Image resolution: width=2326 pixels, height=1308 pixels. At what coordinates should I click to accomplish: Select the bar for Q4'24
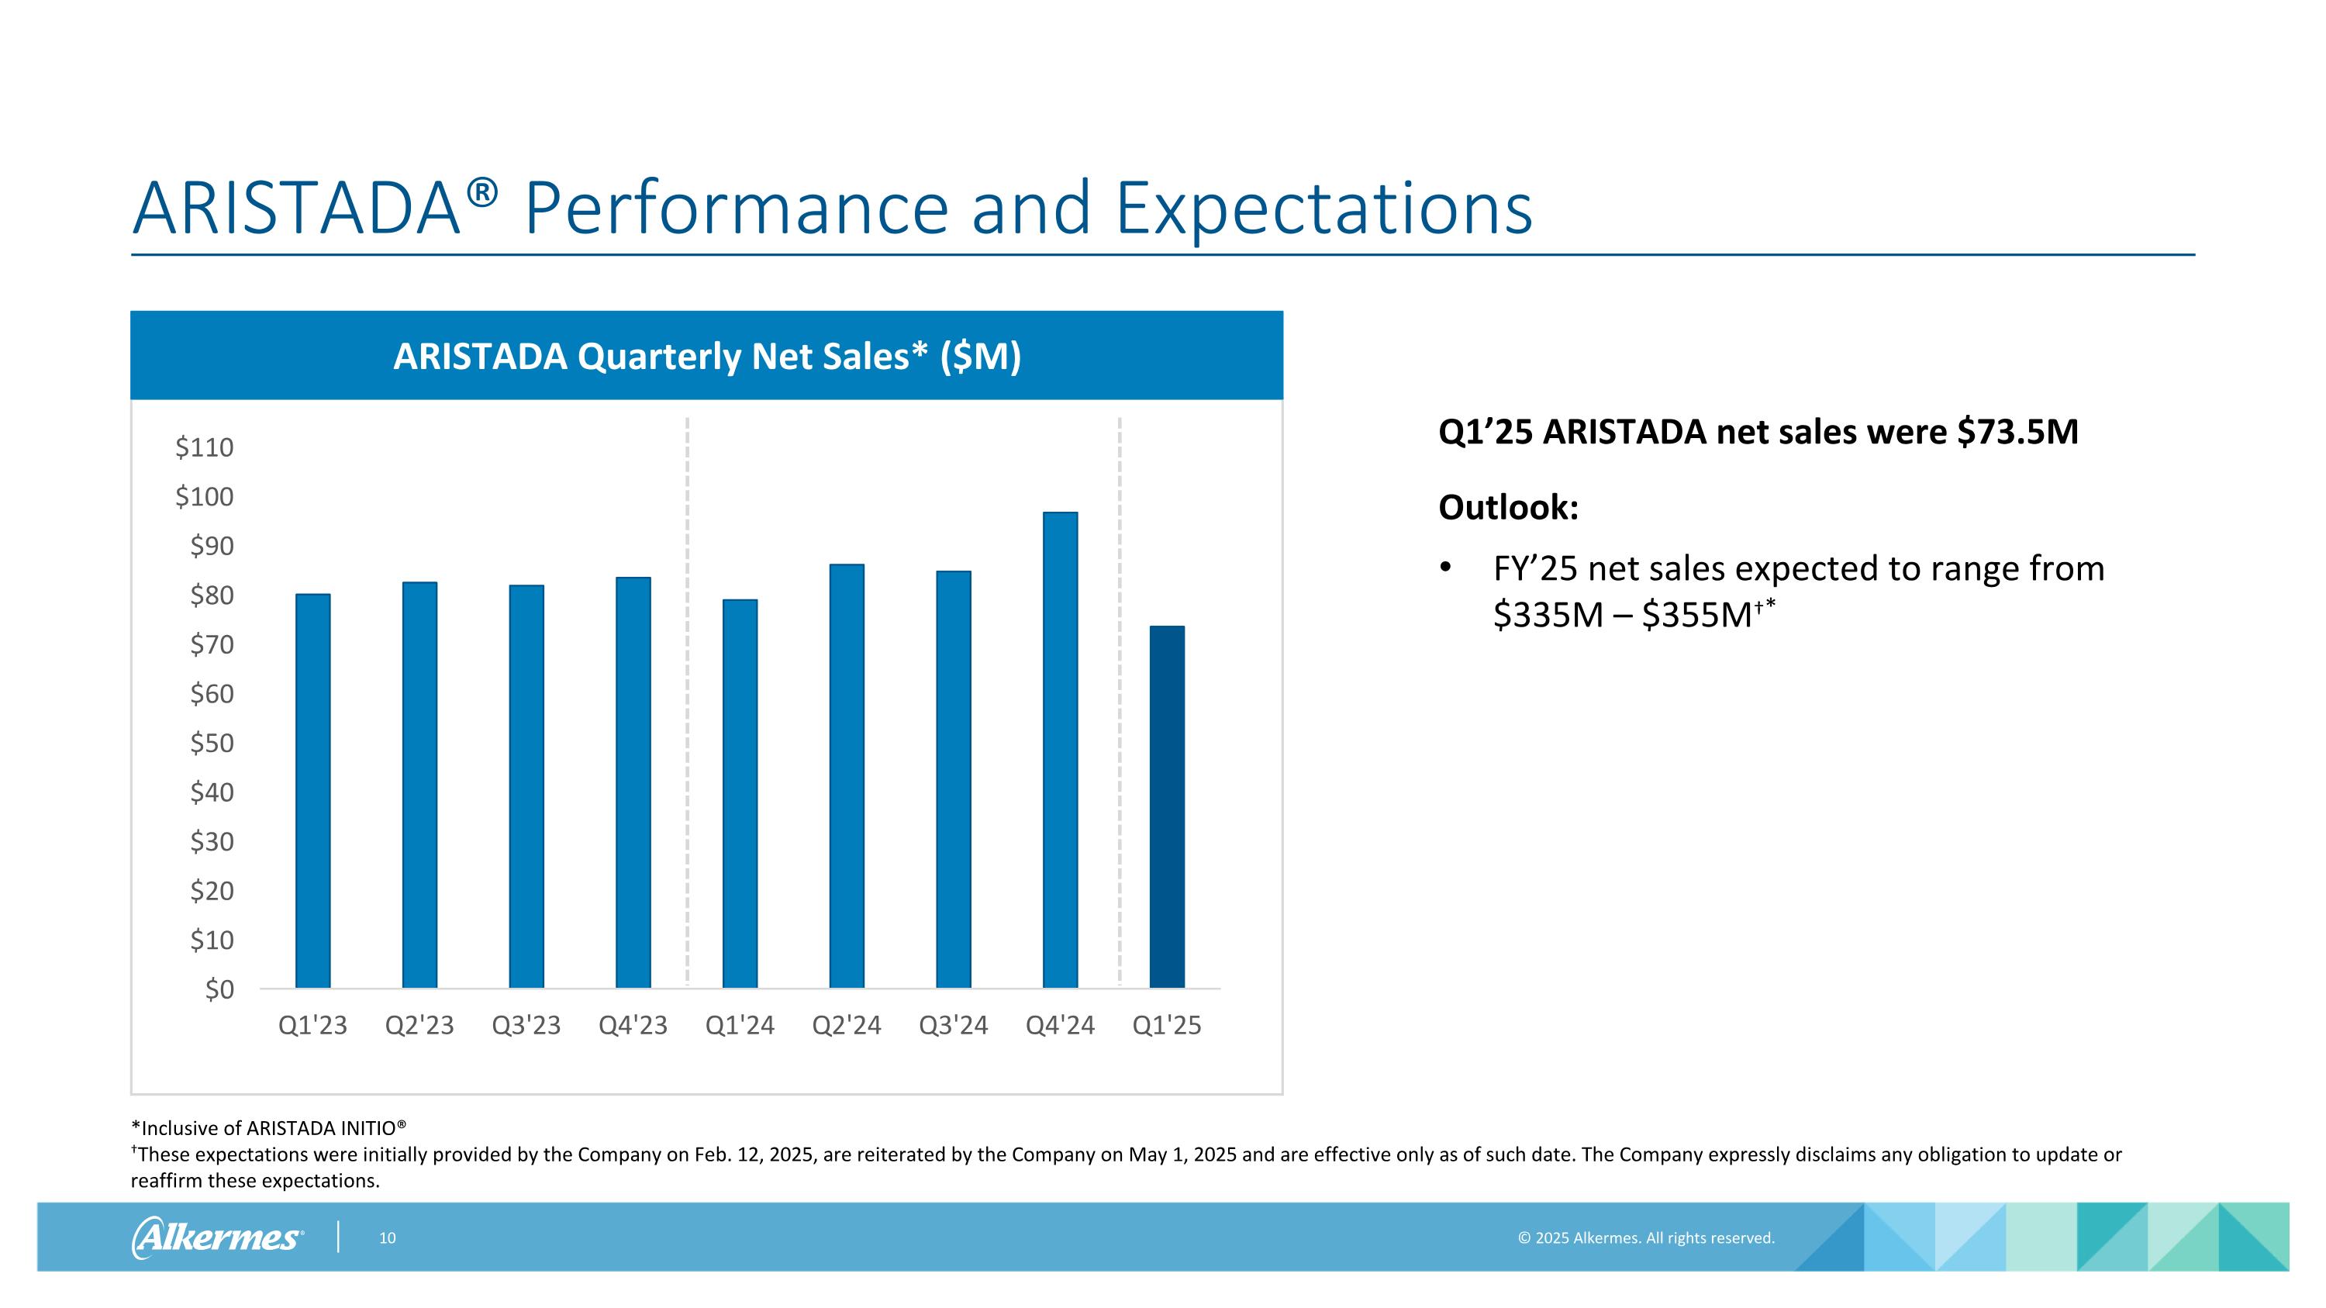[x=1060, y=749]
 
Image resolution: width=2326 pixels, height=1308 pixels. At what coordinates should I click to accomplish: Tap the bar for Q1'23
[x=312, y=790]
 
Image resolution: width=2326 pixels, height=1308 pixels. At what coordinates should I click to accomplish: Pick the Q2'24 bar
[x=847, y=775]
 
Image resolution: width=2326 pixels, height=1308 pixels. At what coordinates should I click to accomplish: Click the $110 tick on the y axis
[x=205, y=447]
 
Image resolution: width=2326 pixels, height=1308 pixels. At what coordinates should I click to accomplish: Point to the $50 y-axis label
[x=212, y=743]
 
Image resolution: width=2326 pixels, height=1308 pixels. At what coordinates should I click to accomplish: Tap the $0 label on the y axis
[x=219, y=989]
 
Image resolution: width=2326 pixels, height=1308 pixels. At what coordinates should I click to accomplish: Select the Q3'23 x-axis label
[x=526, y=1026]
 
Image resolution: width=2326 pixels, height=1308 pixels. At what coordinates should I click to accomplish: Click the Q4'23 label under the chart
[x=633, y=1026]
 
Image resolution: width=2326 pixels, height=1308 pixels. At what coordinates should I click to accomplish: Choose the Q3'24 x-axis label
[x=954, y=1026]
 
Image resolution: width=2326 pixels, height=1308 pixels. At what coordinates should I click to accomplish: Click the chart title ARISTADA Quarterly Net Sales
[x=707, y=357]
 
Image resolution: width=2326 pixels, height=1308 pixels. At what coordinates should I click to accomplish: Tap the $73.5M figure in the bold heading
[x=2017, y=433]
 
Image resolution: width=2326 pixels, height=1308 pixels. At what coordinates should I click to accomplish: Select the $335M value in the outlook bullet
[x=1548, y=616]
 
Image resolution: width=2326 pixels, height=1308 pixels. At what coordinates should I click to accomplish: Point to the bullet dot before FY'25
[x=1446, y=568]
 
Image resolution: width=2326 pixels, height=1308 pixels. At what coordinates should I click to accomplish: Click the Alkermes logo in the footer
[x=218, y=1237]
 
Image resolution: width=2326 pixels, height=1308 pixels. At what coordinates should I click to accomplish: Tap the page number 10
[x=388, y=1237]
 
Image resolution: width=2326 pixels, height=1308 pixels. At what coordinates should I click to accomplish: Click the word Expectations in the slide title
[x=1323, y=209]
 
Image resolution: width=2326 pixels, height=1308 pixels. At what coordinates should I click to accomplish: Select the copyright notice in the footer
[x=1646, y=1237]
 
